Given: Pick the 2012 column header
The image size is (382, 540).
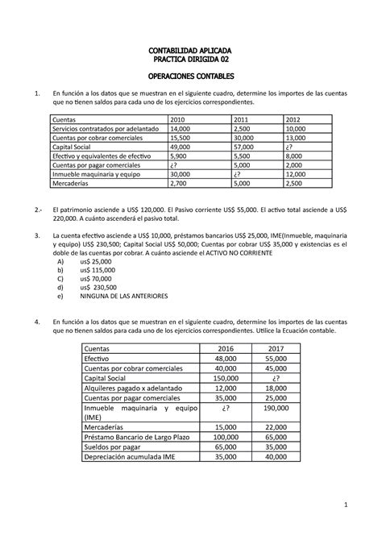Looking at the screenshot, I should tap(295, 119).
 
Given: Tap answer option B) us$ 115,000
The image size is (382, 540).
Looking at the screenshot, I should tap(102, 271).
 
